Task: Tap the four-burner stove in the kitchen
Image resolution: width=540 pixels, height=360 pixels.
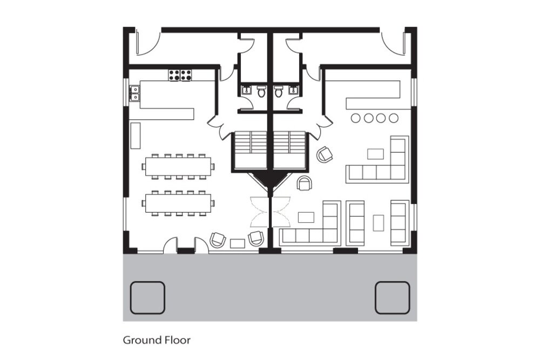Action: (180, 76)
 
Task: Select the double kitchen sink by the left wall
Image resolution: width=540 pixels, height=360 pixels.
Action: (134, 93)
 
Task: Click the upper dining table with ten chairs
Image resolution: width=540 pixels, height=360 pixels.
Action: (178, 167)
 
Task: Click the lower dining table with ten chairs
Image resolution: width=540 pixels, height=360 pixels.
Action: (178, 203)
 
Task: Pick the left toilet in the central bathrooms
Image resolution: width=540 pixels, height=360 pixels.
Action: (261, 92)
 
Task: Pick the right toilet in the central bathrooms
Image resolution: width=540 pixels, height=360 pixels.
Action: (279, 92)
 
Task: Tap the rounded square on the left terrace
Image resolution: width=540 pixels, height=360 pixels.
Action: (147, 298)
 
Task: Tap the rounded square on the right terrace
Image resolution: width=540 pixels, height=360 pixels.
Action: (392, 298)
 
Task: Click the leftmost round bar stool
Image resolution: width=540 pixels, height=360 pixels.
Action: (356, 118)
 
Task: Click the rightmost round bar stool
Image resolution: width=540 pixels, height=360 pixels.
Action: (394, 118)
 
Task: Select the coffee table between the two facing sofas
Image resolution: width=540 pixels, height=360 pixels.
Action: (379, 223)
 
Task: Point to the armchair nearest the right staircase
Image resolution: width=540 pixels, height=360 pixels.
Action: (325, 154)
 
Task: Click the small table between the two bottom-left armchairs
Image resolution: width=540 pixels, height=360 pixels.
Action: (237, 243)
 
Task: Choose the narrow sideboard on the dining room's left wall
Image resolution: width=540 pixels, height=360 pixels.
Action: (136, 135)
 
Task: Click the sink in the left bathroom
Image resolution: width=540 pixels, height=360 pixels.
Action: (247, 91)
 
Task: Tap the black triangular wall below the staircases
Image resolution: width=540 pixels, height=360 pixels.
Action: (270, 181)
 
